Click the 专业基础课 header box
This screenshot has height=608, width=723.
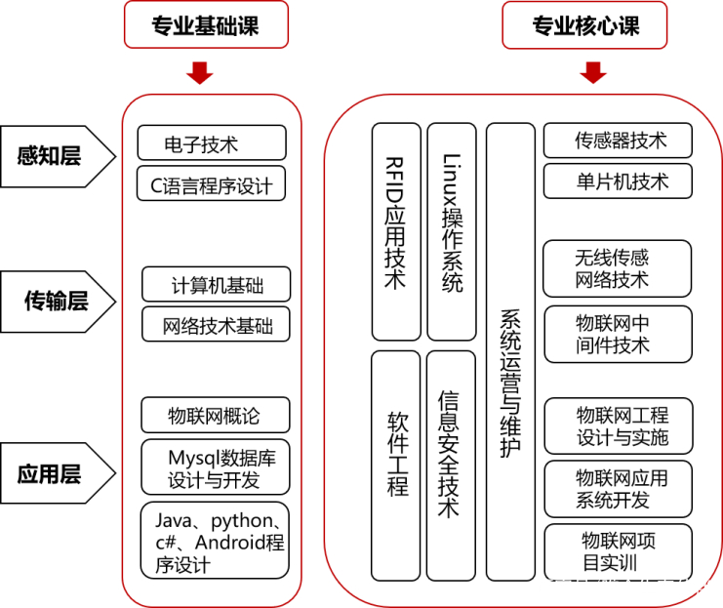point(206,25)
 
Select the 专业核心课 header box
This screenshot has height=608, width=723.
point(584,25)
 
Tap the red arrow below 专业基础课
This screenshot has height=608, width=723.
point(200,73)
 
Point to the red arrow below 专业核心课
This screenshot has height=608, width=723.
point(593,73)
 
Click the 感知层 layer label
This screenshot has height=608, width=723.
point(58,156)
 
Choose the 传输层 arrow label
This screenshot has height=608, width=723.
point(58,302)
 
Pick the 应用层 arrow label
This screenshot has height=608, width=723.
point(58,473)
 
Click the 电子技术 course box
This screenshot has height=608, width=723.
point(212,143)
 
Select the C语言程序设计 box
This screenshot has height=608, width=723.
point(211,183)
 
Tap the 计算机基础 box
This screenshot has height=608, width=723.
point(217,284)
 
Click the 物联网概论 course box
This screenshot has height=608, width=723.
point(216,415)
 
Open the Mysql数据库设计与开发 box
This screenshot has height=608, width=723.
point(216,467)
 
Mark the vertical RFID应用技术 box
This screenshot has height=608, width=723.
point(396,231)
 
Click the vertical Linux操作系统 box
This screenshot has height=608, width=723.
point(452,231)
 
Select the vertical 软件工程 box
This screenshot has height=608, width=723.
point(395,466)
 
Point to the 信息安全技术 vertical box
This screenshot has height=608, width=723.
point(451,466)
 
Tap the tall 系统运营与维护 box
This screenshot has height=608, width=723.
point(510,351)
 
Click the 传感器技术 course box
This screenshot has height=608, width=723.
point(618,141)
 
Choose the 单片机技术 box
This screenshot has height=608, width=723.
point(618,182)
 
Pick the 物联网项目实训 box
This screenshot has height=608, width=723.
point(619,551)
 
